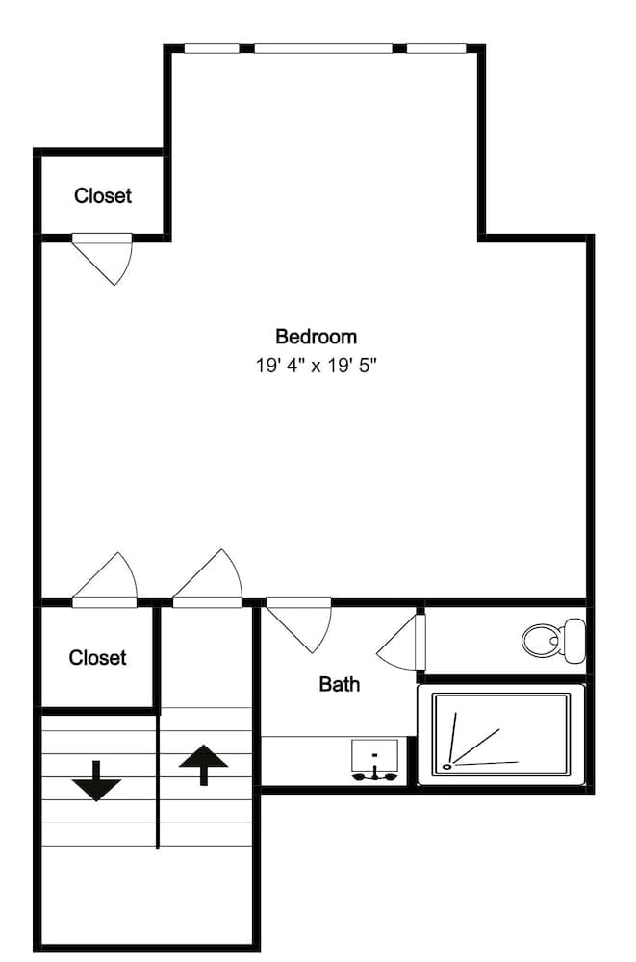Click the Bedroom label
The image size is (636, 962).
coord(316,337)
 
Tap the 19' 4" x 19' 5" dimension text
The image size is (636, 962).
coord(316,365)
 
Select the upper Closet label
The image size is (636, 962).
coord(103,195)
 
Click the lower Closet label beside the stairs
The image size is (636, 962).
coord(97,658)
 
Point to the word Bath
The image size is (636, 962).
coord(339,684)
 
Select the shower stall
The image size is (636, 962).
coord(500,733)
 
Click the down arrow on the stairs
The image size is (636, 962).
coord(96,780)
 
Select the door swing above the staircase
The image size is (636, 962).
coord(211,580)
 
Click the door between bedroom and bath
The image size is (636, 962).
coord(302,622)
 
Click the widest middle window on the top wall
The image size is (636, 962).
coord(323,48)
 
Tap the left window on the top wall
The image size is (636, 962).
coord(212,48)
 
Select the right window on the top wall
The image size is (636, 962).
coord(436,48)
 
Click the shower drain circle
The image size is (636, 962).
coord(446,767)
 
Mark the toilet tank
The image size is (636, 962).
coord(574,639)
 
